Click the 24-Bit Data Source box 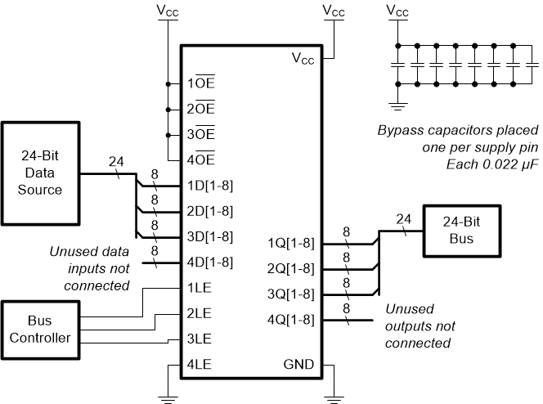coord(41,173)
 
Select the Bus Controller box coord(40,330)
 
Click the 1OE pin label coord(201,83)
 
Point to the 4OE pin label coord(201,159)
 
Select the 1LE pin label coord(200,288)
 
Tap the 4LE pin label coord(200,365)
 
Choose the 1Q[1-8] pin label coord(291,243)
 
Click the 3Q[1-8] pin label coord(291,294)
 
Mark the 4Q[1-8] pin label coord(291,319)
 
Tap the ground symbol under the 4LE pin coord(168,398)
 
